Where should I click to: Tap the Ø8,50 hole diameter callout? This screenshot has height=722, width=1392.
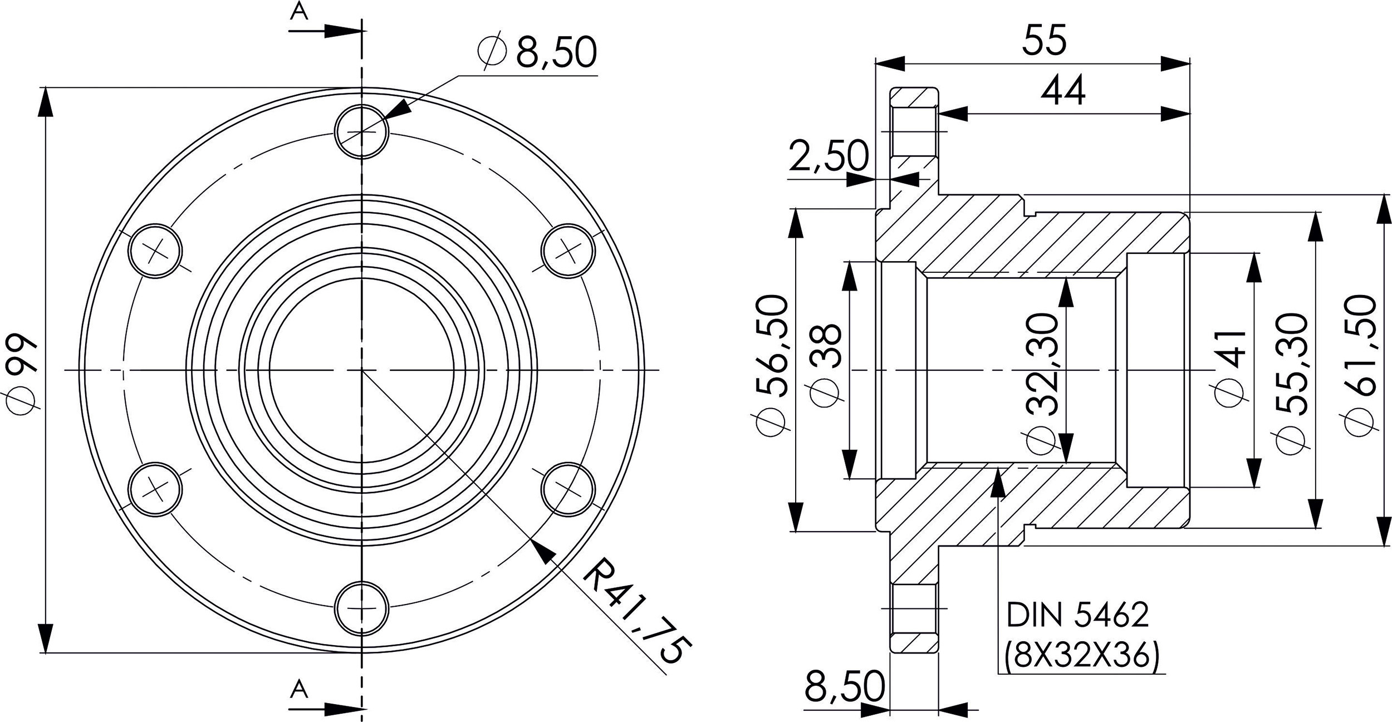538,53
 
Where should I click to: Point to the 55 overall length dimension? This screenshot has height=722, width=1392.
1045,40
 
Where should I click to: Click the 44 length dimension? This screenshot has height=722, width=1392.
1063,91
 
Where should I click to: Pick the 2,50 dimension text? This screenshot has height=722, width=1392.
829,156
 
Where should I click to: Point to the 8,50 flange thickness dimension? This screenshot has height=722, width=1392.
844,686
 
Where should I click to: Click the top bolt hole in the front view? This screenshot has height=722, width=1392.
361,131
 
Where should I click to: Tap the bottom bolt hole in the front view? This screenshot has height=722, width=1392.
361,608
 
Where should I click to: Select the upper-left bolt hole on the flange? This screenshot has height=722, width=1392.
155,251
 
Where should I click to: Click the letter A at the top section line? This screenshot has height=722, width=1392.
299,13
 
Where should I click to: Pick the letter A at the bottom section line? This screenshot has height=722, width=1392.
299,689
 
